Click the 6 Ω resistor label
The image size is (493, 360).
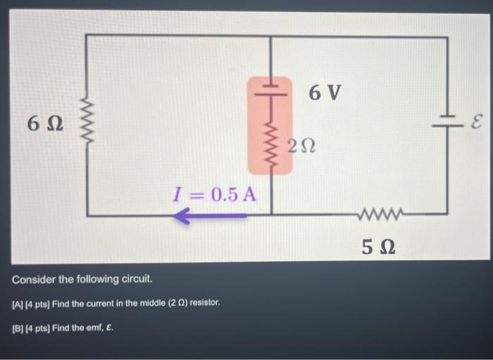click(x=44, y=124)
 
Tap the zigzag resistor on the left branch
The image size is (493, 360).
click(x=87, y=125)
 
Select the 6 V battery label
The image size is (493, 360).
click(x=325, y=92)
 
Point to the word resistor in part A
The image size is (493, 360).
click(x=205, y=303)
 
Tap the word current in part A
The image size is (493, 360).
click(x=98, y=303)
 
